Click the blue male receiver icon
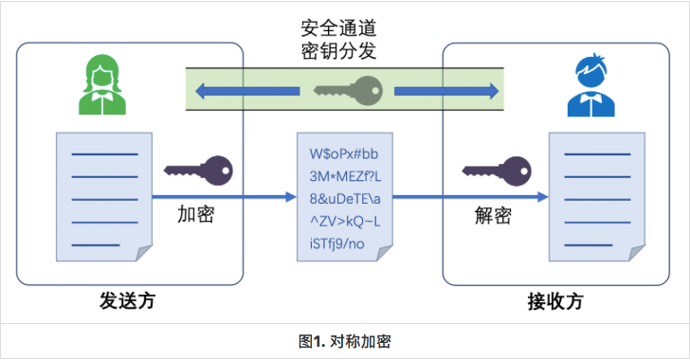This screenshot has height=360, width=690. pyautogui.click(x=591, y=85)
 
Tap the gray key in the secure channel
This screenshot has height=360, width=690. pyautogui.click(x=348, y=91)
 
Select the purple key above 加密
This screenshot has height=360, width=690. pyautogui.click(x=198, y=171)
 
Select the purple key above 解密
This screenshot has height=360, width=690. pyautogui.click(x=497, y=171)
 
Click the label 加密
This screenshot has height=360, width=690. pyautogui.click(x=196, y=214)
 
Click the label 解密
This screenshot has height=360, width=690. pyautogui.click(x=493, y=215)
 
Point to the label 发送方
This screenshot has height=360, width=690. pyautogui.click(x=127, y=301)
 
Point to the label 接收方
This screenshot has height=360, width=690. pyautogui.click(x=555, y=302)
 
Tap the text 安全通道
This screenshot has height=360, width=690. pyautogui.click(x=339, y=28)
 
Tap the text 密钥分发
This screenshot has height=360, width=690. pyautogui.click(x=339, y=51)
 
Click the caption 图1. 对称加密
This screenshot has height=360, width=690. pyautogui.click(x=345, y=341)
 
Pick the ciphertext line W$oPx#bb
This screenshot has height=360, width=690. pyautogui.click(x=344, y=154)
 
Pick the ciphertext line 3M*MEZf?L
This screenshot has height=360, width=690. pyautogui.click(x=345, y=176)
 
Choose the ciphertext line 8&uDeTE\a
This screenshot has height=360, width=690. pyautogui.click(x=345, y=199)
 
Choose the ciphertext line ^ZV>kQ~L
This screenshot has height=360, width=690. pyautogui.click(x=345, y=222)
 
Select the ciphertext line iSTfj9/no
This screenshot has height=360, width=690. pyautogui.click(x=337, y=243)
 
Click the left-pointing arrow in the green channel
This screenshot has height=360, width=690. pyautogui.click(x=247, y=91)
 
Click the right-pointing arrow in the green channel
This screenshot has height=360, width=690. pyautogui.click(x=446, y=91)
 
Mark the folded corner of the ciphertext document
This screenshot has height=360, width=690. pyautogui.click(x=383, y=255)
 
